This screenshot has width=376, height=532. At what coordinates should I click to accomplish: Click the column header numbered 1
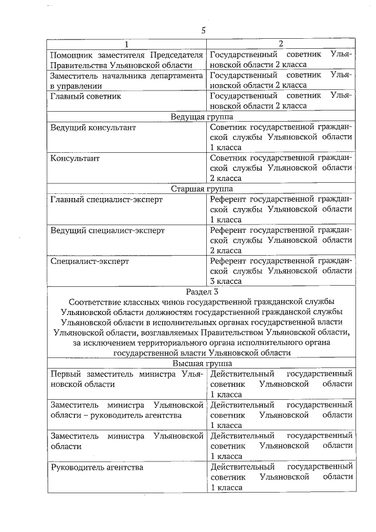coord(125,44)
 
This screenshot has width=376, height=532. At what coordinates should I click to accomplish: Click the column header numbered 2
coord(280,44)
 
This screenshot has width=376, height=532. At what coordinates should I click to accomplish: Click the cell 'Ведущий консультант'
coord(93,128)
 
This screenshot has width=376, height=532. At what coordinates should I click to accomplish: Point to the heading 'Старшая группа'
coord(202,189)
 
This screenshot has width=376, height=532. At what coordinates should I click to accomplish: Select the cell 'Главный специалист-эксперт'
coord(106,200)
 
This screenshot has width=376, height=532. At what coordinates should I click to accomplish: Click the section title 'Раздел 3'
coord(202,291)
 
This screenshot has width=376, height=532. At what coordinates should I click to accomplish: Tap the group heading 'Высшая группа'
coord(202,363)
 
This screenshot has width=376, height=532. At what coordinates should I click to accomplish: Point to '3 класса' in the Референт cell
coord(226,282)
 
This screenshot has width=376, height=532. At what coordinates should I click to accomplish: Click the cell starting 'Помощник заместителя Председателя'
coord(126,59)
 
